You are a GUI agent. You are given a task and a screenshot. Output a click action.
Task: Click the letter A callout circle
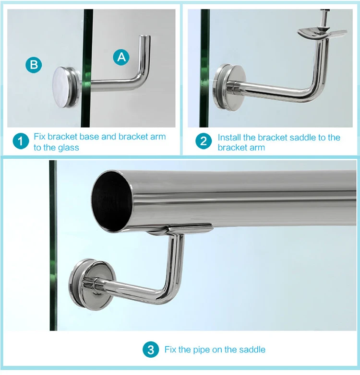tap(121, 57)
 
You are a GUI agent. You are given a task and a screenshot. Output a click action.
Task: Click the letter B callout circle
tap(33, 65)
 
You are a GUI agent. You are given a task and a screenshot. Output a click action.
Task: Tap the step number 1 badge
tap(20, 141)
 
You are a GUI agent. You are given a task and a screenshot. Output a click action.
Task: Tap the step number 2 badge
tap(204, 141)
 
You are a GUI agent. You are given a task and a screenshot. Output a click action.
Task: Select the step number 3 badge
tap(151, 350)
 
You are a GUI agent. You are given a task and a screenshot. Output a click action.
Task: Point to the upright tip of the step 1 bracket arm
tap(144, 38)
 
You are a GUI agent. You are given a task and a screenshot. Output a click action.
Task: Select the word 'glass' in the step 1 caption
tap(68, 148)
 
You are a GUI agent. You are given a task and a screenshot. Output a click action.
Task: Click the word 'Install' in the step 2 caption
tap(230, 138)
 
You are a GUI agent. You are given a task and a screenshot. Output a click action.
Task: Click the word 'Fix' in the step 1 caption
tap(39, 137)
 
